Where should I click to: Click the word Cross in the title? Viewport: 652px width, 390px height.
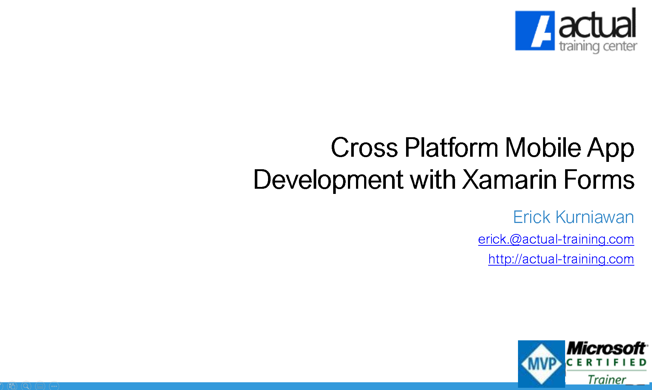[x=364, y=148]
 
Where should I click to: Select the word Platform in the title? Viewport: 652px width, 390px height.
[x=451, y=148]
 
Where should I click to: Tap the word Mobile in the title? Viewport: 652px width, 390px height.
[x=543, y=148]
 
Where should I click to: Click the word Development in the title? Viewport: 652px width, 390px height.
[x=328, y=180]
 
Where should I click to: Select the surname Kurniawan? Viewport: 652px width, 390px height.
[x=595, y=217]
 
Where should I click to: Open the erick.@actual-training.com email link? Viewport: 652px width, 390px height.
[x=556, y=239]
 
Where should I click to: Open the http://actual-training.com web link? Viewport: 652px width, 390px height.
[x=561, y=259]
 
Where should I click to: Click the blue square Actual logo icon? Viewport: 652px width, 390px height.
[x=535, y=31]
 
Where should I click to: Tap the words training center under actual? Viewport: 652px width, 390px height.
[x=598, y=47]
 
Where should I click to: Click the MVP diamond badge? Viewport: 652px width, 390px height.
[x=541, y=364]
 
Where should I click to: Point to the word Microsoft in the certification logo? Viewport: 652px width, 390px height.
[x=606, y=348]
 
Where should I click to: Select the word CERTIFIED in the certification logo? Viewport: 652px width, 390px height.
[x=606, y=363]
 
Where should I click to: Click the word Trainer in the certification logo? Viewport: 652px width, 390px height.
[x=606, y=379]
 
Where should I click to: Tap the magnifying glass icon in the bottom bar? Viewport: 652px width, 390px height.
[x=26, y=386]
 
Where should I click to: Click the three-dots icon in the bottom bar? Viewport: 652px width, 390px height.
[x=54, y=386]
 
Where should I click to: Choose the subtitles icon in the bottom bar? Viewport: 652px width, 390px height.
[x=40, y=386]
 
